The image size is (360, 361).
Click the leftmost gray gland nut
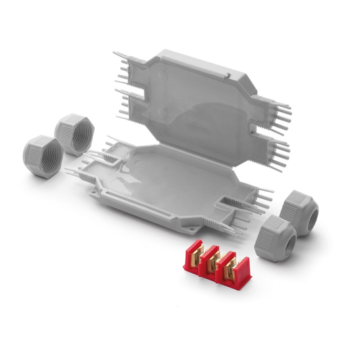coord(43,155)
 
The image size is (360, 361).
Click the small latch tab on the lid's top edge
coord(228,74)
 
